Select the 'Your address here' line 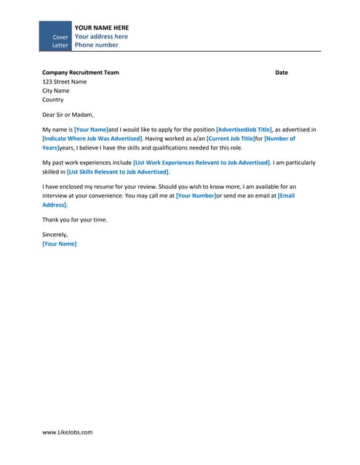[x=101, y=36]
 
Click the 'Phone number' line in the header [x=96, y=45]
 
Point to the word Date [x=281, y=73]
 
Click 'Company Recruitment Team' [x=80, y=73]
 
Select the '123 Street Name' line [x=65, y=81]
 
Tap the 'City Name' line [x=56, y=91]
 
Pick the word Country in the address [x=53, y=100]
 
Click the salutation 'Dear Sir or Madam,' [x=68, y=114]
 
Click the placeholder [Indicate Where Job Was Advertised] [x=92, y=137]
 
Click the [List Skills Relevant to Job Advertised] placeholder [x=118, y=171]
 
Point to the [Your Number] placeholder [x=196, y=195]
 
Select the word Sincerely [x=55, y=234]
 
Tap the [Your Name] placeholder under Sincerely [x=60, y=243]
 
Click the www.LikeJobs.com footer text [x=68, y=432]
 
